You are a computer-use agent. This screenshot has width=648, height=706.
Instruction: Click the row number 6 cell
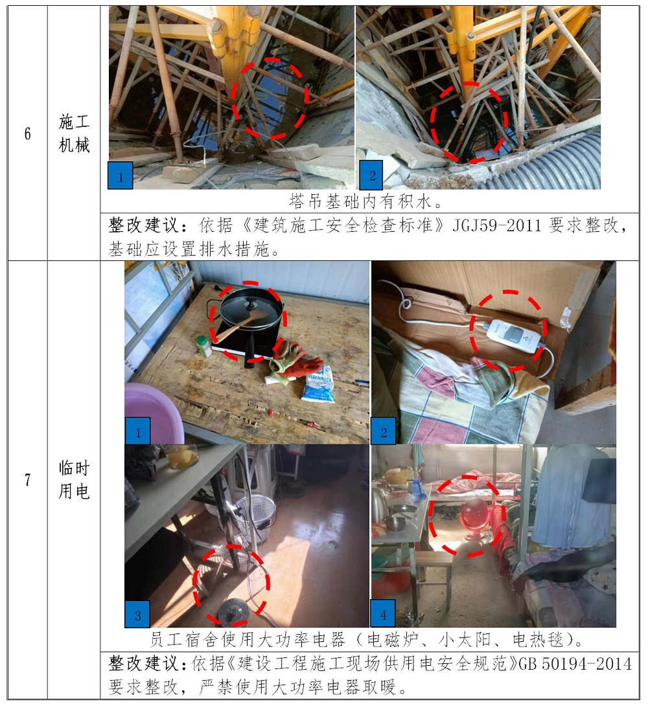(27, 133)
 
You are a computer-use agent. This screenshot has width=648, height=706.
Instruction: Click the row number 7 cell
(27, 480)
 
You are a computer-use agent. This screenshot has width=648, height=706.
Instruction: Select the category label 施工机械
(74, 133)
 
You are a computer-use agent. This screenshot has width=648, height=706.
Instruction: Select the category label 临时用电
(74, 480)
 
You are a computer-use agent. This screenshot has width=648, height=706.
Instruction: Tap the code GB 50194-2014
(575, 664)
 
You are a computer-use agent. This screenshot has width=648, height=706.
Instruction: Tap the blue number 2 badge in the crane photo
(371, 175)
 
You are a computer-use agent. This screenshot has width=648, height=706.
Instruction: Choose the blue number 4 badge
(383, 613)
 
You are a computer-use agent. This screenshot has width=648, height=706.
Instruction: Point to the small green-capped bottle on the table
(204, 346)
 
